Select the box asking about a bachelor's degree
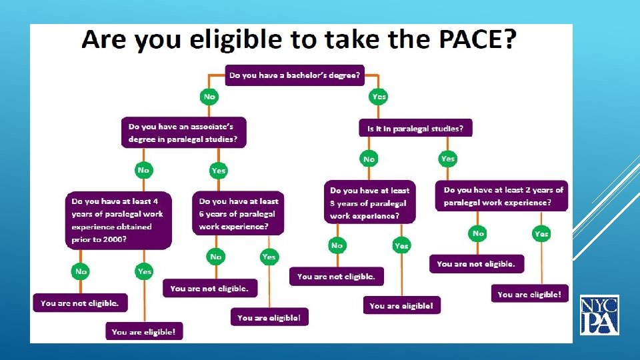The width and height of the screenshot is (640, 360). (294, 75)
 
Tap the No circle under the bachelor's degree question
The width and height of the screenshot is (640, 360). (210, 97)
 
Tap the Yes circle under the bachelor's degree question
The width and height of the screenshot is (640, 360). (379, 97)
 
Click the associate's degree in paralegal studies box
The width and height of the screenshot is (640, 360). (183, 133)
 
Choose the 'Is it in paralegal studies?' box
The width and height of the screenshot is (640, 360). (415, 127)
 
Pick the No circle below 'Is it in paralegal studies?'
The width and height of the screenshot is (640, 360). (369, 159)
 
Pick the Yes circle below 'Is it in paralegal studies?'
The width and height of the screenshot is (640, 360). (448, 159)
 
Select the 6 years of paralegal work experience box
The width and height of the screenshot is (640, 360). (238, 213)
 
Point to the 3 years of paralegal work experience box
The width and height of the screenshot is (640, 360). (369, 203)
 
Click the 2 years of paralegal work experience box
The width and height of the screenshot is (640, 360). (502, 195)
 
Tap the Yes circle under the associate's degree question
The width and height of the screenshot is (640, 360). (219, 171)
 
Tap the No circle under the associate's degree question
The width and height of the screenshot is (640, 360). (143, 170)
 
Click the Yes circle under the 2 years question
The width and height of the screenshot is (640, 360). (541, 234)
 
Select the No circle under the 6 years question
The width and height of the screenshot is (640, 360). (216, 257)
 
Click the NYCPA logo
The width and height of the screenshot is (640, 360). (599, 315)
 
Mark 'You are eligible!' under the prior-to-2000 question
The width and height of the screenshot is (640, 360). (143, 331)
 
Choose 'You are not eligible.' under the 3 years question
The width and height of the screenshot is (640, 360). (336, 276)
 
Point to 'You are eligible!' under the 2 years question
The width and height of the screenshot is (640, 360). (529, 294)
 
